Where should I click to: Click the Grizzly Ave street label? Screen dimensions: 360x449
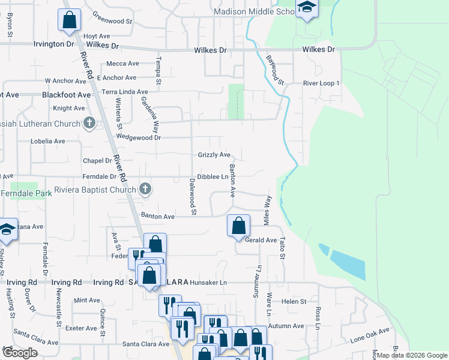(x=214, y=155)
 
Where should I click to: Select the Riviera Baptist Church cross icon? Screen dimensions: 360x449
(x=145, y=190)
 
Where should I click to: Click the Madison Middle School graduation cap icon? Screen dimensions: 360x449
(x=307, y=8)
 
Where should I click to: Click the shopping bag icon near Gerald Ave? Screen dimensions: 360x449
(x=239, y=226)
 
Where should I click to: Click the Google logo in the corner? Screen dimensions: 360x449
(x=20, y=353)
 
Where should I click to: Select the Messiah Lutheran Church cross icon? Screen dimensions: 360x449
(x=89, y=124)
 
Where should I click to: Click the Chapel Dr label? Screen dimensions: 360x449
(x=97, y=161)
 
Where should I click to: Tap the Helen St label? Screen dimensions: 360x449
(x=294, y=301)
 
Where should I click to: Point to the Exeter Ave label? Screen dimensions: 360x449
(x=81, y=328)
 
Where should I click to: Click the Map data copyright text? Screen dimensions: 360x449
(x=412, y=355)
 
